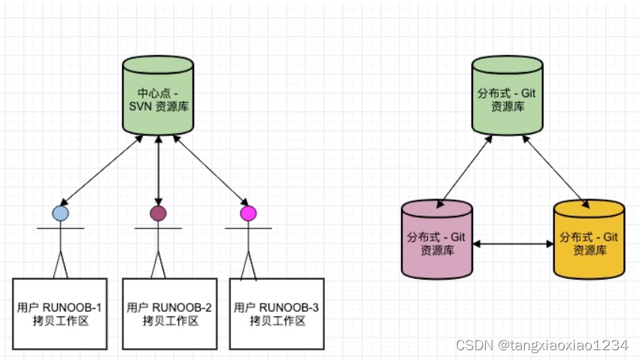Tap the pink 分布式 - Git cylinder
[x=437, y=241]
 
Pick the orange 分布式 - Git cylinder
[x=589, y=241]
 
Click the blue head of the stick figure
[x=60, y=213]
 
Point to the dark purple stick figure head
[x=158, y=213]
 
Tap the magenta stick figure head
[x=247, y=213]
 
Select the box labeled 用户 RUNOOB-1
[x=60, y=313]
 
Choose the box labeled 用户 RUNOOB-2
[x=169, y=313]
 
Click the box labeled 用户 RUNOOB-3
[x=276, y=313]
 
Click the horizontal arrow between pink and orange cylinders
[x=514, y=244]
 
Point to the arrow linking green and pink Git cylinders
[x=465, y=170]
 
